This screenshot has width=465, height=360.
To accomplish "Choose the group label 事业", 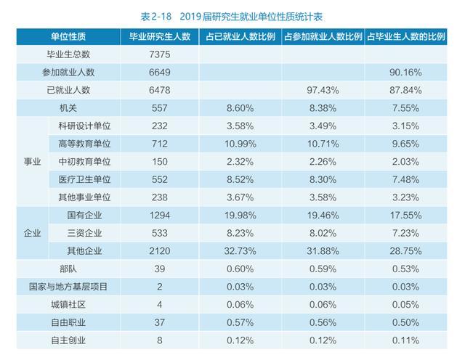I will tap(33, 161).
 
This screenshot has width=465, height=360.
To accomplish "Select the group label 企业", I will tap(33, 232).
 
